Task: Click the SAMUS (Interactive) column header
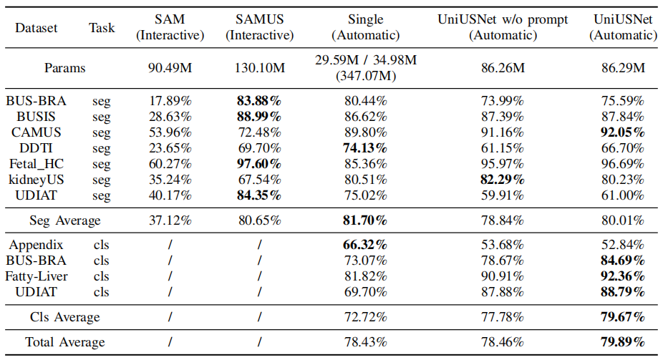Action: coord(260,27)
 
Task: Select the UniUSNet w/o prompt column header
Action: coord(503,27)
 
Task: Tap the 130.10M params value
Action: coord(260,67)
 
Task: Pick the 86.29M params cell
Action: coord(623,67)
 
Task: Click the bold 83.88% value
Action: coord(259,101)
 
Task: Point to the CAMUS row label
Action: coord(36,132)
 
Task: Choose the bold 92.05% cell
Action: coord(623,132)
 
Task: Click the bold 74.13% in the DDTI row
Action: coord(365,148)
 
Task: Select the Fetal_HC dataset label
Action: coord(36,164)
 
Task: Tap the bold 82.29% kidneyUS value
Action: coord(503,180)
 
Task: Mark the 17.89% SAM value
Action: coord(170,101)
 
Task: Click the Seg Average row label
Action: coord(64,220)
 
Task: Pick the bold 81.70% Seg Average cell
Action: coord(365,220)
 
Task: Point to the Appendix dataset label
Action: coord(36,245)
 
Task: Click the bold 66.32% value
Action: coord(365,245)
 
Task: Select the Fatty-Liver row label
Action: coord(36,276)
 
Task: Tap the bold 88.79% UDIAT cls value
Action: coord(623,292)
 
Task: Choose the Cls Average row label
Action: coord(64,317)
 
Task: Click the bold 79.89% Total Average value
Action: coord(623,342)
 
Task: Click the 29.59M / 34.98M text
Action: coord(366,60)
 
